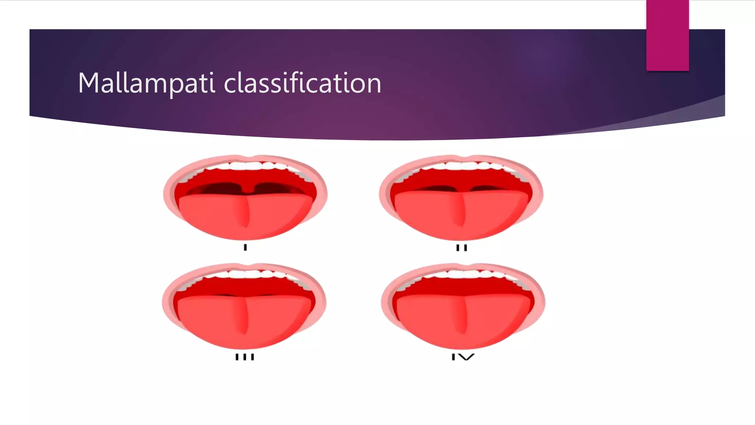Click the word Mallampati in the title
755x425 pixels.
(146, 83)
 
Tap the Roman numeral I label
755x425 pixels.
(245, 248)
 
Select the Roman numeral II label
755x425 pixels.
(461, 248)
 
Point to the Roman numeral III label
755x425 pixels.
(245, 357)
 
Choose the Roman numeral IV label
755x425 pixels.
(463, 357)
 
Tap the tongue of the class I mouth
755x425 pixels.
(221, 216)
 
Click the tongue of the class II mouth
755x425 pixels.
(435, 216)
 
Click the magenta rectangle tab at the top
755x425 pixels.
(667, 35)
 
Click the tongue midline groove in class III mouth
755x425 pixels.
(244, 317)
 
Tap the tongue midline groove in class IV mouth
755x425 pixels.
(463, 317)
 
